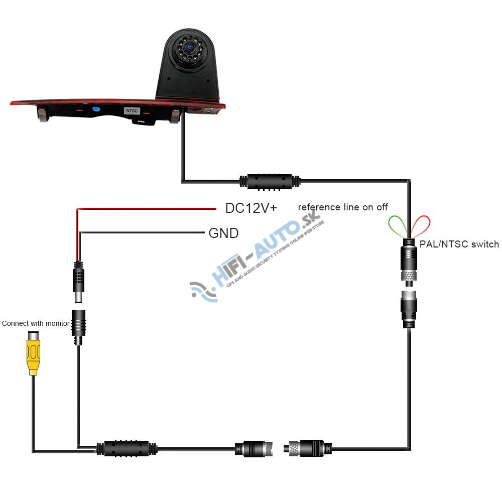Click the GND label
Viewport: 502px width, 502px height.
(223, 233)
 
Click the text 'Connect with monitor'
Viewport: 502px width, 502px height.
(36, 323)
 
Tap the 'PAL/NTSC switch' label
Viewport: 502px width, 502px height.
(459, 244)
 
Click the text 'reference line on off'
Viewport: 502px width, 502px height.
(343, 207)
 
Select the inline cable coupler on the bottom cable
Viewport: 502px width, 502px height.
(127, 448)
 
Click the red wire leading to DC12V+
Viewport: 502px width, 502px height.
(146, 208)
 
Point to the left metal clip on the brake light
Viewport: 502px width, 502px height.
(43, 115)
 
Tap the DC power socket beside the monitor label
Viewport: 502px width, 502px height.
(78, 326)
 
